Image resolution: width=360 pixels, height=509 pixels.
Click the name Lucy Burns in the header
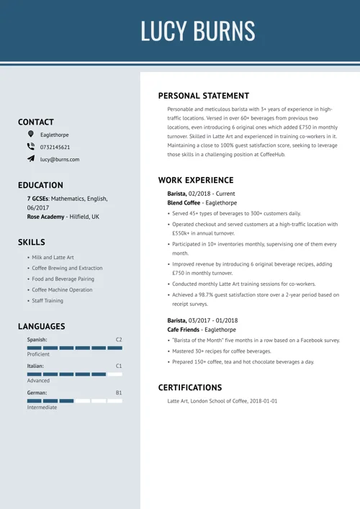click(x=197, y=31)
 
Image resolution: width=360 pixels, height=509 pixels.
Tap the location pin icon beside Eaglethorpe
click(x=30, y=135)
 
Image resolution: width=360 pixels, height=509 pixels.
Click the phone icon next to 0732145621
click(x=30, y=147)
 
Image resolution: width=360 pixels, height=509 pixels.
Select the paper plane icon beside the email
click(x=30, y=159)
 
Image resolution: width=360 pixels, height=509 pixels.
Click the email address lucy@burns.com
click(x=60, y=160)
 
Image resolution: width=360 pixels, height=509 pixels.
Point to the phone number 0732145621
click(x=55, y=148)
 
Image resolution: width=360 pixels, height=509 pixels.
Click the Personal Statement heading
click(x=204, y=96)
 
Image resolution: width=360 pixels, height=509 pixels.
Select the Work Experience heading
click(x=196, y=180)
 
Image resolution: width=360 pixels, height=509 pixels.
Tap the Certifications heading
click(x=190, y=387)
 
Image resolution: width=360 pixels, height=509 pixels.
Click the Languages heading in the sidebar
click(x=42, y=326)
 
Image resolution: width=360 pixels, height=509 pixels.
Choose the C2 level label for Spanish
click(x=119, y=339)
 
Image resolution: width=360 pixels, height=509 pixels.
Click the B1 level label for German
click(x=119, y=392)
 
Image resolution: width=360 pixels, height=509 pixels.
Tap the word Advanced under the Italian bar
click(x=39, y=381)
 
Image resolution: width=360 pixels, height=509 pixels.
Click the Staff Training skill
click(x=48, y=301)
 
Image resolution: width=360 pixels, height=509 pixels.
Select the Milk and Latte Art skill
click(x=53, y=257)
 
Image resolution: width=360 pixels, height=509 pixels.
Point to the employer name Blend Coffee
click(x=184, y=203)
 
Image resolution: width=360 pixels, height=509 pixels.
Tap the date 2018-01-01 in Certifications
click(x=263, y=401)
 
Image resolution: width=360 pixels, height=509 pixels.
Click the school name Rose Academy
click(x=45, y=217)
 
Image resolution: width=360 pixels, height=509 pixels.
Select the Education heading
click(x=40, y=185)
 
